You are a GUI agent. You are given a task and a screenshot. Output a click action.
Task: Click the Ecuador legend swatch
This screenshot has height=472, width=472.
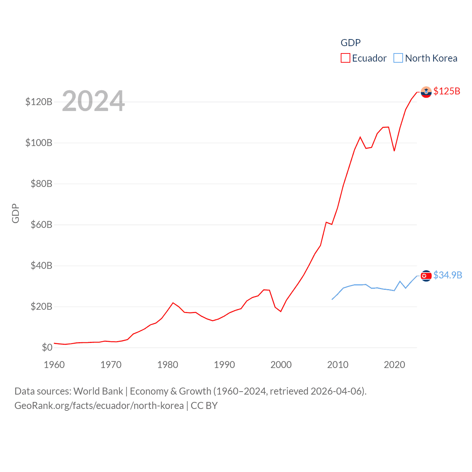pyautogui.click(x=345, y=58)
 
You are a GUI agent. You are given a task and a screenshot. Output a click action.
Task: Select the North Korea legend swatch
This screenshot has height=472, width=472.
pyautogui.click(x=398, y=58)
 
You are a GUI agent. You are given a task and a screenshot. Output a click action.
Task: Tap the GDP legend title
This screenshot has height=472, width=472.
pyautogui.click(x=350, y=43)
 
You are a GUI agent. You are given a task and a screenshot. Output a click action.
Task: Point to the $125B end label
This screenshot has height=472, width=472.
pyautogui.click(x=447, y=91)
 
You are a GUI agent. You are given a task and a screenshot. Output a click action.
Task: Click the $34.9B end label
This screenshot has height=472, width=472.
pyautogui.click(x=447, y=275)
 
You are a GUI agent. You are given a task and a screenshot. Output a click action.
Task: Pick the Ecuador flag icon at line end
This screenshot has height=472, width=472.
pyautogui.click(x=426, y=92)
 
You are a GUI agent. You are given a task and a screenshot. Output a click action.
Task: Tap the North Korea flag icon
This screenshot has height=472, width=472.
pyautogui.click(x=426, y=276)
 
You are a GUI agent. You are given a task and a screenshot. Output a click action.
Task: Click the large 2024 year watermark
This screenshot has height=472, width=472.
pyautogui.click(x=93, y=101)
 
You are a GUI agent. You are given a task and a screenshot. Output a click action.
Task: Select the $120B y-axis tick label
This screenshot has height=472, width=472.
pyautogui.click(x=39, y=102)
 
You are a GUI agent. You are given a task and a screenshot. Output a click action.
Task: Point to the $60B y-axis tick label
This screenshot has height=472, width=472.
pyautogui.click(x=41, y=225)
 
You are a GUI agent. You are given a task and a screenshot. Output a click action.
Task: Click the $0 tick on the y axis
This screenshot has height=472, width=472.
pyautogui.click(x=47, y=347)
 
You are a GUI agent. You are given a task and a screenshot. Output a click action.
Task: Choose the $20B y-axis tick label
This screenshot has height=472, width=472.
pyautogui.click(x=41, y=306)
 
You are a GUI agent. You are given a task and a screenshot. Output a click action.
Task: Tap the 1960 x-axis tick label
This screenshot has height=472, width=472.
pyautogui.click(x=54, y=365)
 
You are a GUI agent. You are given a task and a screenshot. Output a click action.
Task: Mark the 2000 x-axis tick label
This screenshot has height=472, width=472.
pyautogui.click(x=281, y=365)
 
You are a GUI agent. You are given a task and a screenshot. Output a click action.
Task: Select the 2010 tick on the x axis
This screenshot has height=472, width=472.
pyautogui.click(x=338, y=365)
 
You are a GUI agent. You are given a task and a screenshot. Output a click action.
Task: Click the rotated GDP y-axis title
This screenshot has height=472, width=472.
pyautogui.click(x=15, y=213)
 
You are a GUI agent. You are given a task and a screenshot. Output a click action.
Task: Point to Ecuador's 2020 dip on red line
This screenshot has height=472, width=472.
pyautogui.click(x=394, y=150)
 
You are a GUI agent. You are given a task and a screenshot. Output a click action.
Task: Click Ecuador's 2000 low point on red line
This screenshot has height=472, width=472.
pyautogui.click(x=281, y=312)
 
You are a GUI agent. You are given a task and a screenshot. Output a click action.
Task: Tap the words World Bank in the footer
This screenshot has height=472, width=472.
pyautogui.click(x=98, y=391)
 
